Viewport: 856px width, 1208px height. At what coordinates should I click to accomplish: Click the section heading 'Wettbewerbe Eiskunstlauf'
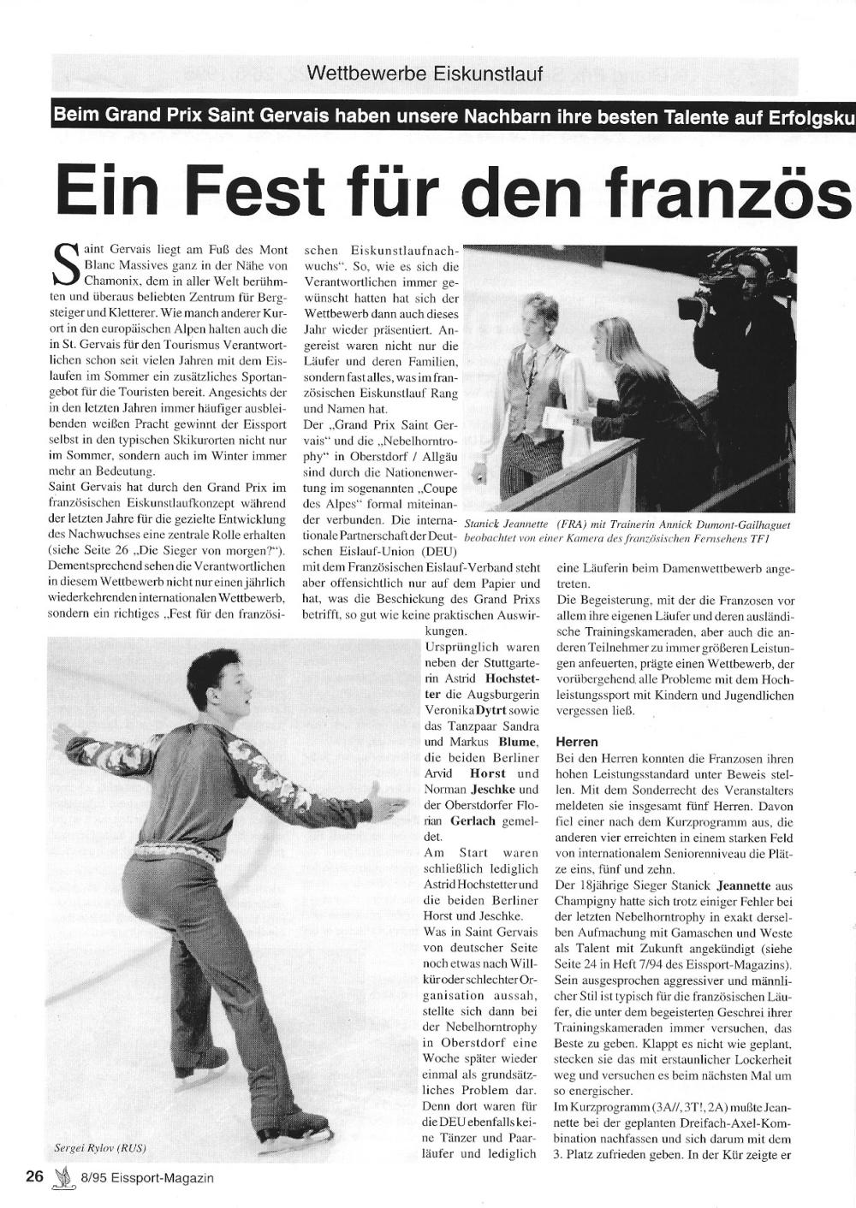click(x=425, y=74)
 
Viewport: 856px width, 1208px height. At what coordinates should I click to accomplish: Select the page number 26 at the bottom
click(x=34, y=1176)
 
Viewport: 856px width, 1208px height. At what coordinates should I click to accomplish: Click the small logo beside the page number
click(x=61, y=1178)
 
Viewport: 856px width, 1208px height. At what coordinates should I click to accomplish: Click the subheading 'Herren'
click(x=576, y=742)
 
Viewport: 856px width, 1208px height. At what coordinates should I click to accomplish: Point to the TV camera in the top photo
click(x=710, y=308)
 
